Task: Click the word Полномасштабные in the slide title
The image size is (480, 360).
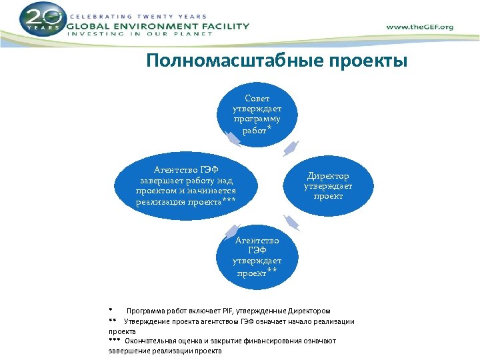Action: (234, 61)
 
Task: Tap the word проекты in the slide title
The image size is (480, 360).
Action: (367, 61)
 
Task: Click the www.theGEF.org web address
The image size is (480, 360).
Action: (419, 27)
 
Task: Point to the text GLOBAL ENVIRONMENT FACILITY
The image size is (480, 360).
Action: (158, 27)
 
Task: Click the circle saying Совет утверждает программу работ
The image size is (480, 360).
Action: (257, 114)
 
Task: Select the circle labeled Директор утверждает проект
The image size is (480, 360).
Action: (328, 186)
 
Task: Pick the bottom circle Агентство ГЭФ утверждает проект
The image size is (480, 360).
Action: (257, 257)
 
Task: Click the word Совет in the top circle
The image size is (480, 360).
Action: (257, 99)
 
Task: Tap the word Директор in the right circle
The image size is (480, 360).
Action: (328, 176)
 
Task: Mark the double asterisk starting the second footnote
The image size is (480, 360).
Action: (113, 321)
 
